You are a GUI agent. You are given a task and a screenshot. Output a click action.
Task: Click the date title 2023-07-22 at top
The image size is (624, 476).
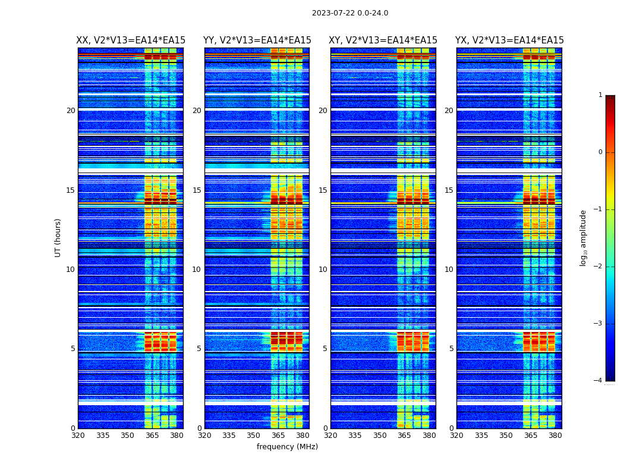(x=350, y=13)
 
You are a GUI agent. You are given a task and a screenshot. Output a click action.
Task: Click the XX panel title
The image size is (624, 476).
(x=131, y=40)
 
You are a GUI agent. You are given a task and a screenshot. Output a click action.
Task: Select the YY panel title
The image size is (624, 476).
(x=257, y=40)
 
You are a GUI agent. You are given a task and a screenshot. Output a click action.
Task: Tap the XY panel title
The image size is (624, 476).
(x=383, y=40)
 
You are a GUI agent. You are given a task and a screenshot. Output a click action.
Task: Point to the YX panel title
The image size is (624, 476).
(x=509, y=40)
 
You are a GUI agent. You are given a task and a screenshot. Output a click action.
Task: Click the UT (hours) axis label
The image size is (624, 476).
(x=58, y=237)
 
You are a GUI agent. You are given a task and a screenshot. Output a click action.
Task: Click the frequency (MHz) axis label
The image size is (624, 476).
(x=287, y=447)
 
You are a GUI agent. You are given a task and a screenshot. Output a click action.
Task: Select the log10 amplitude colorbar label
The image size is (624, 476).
(x=584, y=237)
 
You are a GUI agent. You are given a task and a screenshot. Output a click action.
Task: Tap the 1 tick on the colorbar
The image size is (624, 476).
(x=600, y=95)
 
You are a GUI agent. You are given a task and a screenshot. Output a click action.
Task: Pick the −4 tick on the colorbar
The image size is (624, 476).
(x=598, y=381)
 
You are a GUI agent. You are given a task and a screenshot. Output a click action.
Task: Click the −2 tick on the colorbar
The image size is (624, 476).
(x=598, y=267)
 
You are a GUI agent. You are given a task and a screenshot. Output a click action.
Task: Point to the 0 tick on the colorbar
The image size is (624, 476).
(x=600, y=152)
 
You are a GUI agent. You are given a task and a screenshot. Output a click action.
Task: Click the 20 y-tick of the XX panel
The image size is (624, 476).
(x=71, y=111)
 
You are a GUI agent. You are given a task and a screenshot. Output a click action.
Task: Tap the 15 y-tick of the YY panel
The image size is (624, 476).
(x=197, y=190)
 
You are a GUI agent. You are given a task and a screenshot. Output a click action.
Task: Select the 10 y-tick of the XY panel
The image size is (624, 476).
(x=323, y=270)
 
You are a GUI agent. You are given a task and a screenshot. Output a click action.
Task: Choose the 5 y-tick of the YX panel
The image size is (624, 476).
(x=451, y=349)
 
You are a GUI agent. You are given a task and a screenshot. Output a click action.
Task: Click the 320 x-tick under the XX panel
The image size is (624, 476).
(x=78, y=436)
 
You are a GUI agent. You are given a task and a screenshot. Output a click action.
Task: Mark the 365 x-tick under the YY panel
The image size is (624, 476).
(x=278, y=436)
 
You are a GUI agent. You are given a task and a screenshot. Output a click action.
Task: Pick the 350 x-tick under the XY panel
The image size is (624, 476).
(x=379, y=436)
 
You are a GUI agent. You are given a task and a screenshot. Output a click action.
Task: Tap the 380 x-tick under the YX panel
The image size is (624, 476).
(x=555, y=436)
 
